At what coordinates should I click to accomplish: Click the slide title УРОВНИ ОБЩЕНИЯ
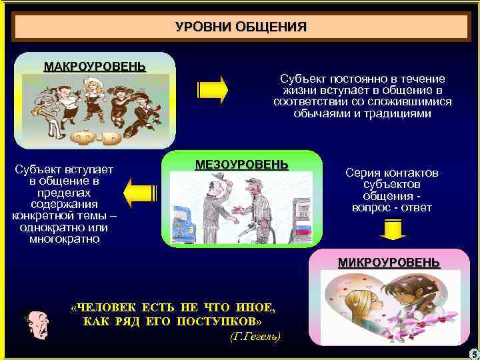click(241, 27)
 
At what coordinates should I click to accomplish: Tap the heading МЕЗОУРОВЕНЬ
click(241, 164)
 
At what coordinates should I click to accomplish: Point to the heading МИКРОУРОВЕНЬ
click(389, 262)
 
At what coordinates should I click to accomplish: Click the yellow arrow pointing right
click(213, 89)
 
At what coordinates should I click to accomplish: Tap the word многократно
click(65, 238)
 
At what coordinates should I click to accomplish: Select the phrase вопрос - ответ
click(392, 207)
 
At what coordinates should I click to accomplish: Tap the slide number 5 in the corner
click(473, 353)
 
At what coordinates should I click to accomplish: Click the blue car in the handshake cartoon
click(181, 227)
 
